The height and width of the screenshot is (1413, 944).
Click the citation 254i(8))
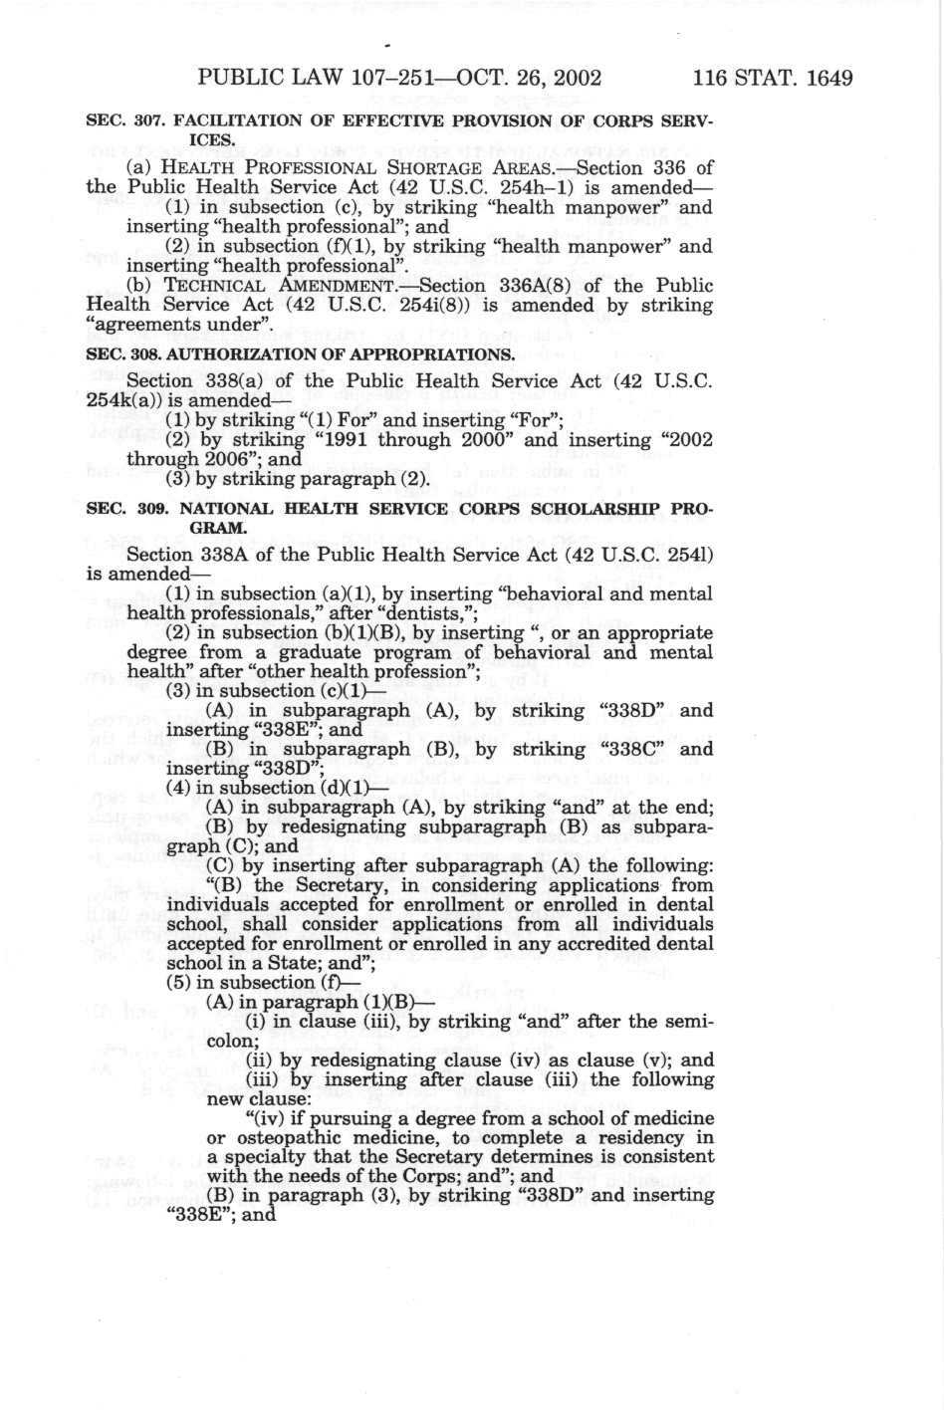point(395,305)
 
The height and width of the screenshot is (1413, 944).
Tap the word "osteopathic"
point(274,1137)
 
